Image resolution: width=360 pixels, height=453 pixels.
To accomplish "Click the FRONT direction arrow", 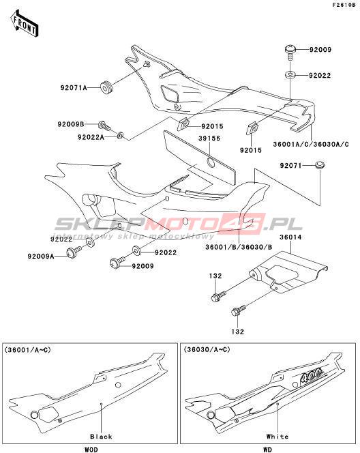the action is tap(25, 23).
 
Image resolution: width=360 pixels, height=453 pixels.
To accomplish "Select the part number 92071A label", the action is tap(74, 87).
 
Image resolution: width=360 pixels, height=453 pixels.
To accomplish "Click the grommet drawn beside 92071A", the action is tap(106, 87).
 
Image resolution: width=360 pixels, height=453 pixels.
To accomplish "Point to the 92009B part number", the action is tap(71, 124).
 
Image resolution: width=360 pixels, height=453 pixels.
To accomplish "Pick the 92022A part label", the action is tap(91, 137).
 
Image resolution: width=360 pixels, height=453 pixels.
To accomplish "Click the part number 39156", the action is tap(209, 138).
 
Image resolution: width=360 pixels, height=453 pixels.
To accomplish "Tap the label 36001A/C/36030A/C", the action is tap(311, 144).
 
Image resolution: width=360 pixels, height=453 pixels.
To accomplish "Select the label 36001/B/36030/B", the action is tap(239, 247).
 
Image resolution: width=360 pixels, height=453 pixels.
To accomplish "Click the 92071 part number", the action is tap(290, 166).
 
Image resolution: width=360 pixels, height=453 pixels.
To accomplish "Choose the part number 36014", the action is tap(290, 237).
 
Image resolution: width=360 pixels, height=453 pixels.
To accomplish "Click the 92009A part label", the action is tap(41, 256).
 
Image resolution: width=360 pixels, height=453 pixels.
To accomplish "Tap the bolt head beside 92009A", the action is tap(71, 253).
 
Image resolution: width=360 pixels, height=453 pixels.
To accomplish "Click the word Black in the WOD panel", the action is tap(101, 436).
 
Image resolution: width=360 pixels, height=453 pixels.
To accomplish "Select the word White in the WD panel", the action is tap(277, 436).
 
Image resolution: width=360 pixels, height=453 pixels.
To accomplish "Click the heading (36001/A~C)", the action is tap(27, 350).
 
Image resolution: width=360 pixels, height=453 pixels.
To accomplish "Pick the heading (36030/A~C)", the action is tap(207, 350).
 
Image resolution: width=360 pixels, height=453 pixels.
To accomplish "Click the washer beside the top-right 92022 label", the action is tap(290, 75).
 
